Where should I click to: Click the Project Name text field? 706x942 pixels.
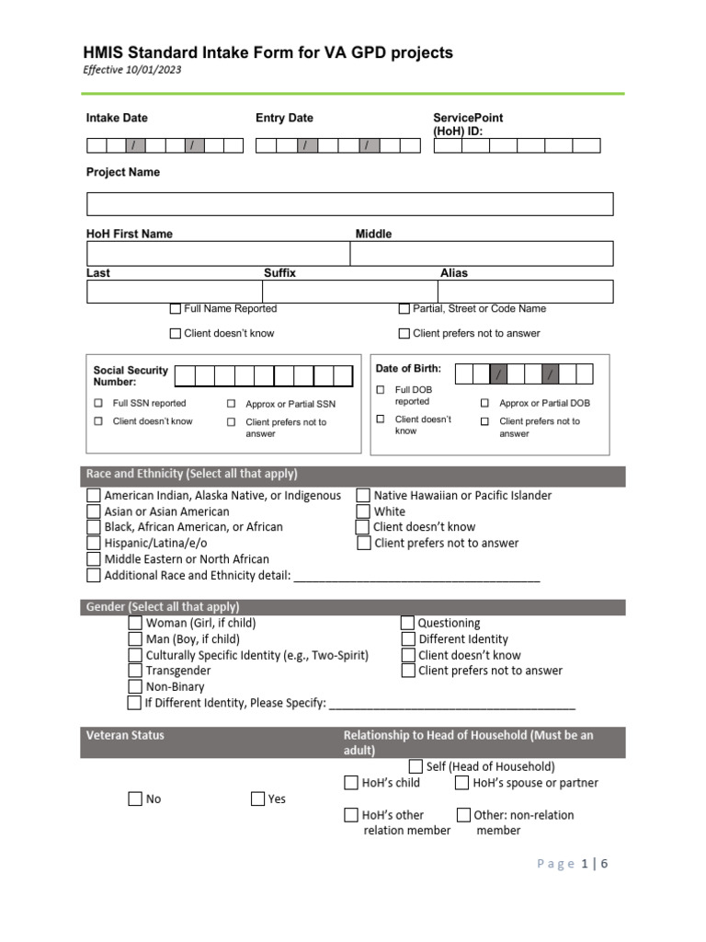point(349,204)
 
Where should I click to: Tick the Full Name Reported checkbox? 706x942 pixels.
point(176,309)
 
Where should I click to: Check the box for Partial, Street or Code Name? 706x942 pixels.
point(404,309)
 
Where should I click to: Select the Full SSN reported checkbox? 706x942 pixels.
point(98,403)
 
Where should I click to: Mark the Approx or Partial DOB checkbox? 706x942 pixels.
point(484,403)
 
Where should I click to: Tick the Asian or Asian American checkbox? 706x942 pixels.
point(94,511)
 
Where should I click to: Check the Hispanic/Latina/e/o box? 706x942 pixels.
point(94,544)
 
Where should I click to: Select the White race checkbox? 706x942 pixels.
point(363,511)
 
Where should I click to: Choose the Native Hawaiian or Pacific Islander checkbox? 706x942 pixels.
point(363,496)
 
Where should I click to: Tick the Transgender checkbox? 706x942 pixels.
point(135,671)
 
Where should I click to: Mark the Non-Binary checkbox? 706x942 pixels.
point(135,687)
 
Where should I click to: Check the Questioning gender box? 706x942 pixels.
point(408,623)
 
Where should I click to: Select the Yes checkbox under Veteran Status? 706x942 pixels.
point(258,799)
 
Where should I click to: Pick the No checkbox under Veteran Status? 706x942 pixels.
point(135,799)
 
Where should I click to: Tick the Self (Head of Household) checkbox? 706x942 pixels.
point(416,766)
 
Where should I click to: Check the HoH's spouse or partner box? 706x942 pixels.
point(462,783)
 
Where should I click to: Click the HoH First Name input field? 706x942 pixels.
point(219,254)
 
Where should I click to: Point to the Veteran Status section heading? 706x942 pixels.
point(125,735)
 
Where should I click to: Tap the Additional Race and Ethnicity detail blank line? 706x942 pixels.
point(416,577)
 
